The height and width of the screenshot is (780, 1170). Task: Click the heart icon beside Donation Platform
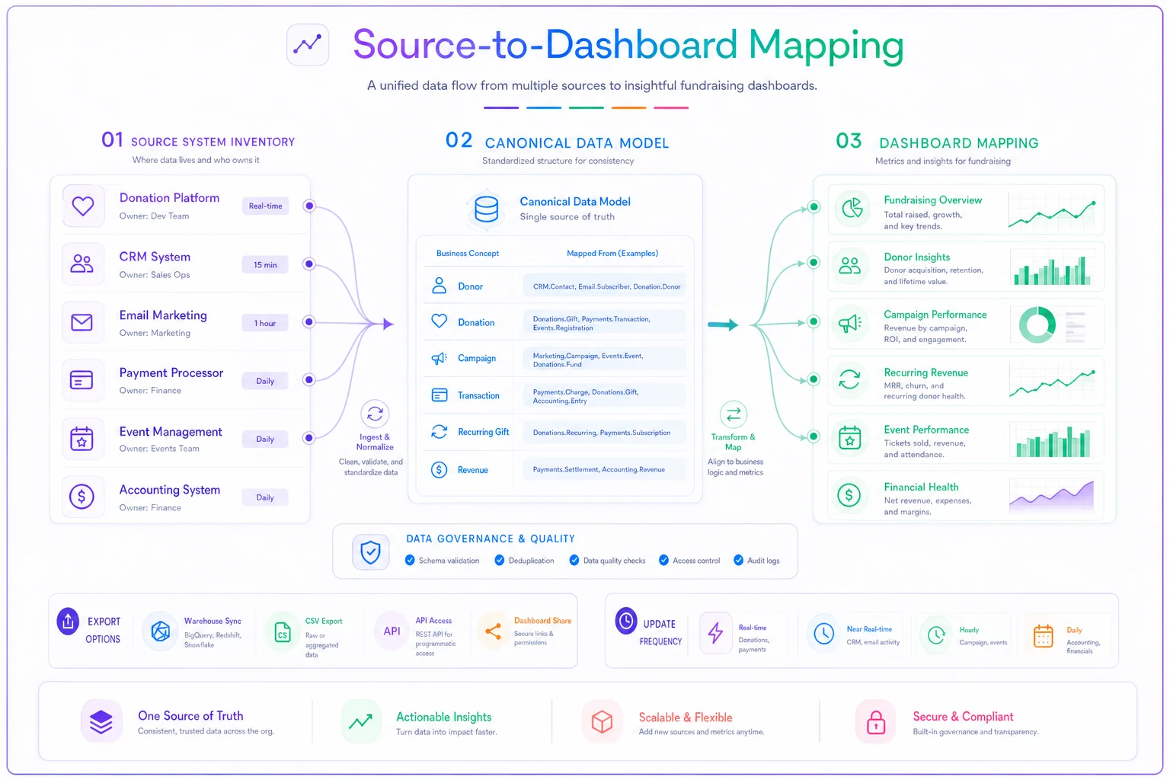(x=82, y=206)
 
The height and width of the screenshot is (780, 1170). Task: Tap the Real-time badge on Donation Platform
(x=265, y=206)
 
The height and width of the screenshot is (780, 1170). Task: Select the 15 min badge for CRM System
(x=265, y=265)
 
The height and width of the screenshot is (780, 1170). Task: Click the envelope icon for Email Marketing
(x=82, y=322)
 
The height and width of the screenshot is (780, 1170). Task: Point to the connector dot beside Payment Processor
(x=309, y=380)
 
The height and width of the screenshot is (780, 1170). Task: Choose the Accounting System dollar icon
(x=82, y=496)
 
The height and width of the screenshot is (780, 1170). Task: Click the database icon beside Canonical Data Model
(x=486, y=209)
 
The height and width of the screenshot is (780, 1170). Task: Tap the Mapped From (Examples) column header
(x=612, y=254)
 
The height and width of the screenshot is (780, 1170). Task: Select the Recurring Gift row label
(x=483, y=432)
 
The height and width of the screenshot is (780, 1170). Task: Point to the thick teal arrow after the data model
(x=723, y=325)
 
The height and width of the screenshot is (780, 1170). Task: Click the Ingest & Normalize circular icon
(x=375, y=414)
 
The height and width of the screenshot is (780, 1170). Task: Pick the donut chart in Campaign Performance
(x=1037, y=324)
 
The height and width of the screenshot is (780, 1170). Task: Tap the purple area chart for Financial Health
(x=1051, y=497)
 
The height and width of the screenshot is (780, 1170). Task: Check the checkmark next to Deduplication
(x=500, y=560)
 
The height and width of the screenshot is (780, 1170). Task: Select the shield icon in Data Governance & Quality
(x=370, y=551)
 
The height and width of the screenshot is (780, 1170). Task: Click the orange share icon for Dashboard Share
(x=493, y=631)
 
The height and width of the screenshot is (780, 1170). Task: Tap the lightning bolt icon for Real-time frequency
(x=715, y=633)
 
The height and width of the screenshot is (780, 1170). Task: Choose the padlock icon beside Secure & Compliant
(x=876, y=722)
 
